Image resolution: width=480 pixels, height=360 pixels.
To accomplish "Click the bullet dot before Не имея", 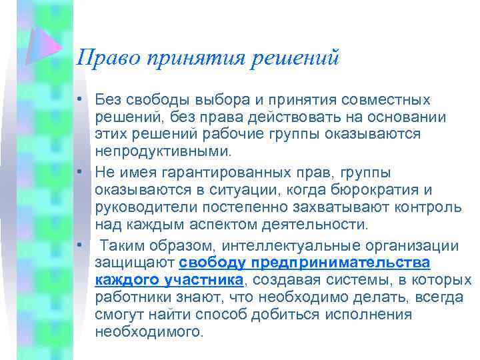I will point(79,173).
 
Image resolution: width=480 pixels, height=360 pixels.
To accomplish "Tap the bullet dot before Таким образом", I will point(79,245).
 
